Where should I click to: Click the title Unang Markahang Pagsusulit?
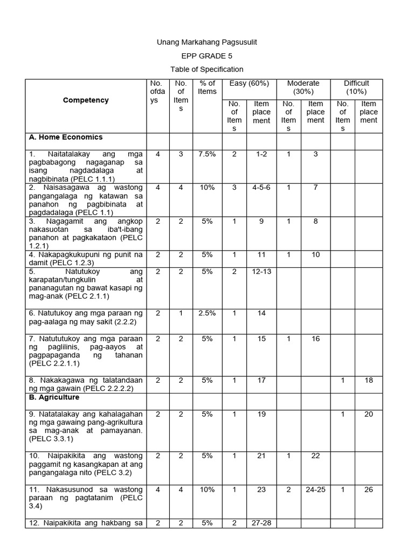point(203,42)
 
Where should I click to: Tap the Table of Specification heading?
point(206,69)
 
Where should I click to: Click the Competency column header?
point(86,100)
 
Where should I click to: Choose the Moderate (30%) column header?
point(303,87)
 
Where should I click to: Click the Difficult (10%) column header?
point(356,87)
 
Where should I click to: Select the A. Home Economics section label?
point(66,137)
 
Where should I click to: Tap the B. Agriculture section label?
point(54,397)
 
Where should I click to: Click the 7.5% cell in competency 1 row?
point(207,154)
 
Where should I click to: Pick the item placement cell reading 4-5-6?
point(261,188)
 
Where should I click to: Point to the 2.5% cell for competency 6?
point(207,313)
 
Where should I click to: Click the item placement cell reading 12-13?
point(261,272)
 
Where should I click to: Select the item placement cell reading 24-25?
point(315,489)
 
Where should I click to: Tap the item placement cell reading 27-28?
point(261,523)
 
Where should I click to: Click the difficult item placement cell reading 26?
point(369,489)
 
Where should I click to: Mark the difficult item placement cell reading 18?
point(369,380)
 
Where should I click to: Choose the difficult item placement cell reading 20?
point(369,414)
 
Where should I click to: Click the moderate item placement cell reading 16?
point(315,339)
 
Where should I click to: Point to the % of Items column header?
point(207,87)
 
